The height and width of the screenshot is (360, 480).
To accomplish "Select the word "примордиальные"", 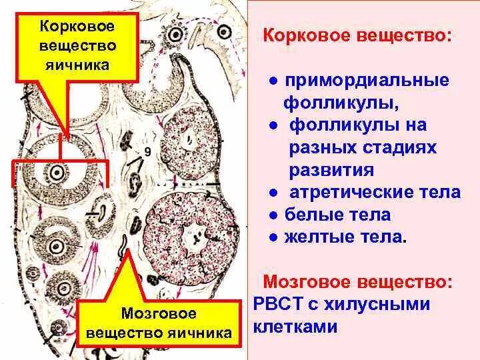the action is (367, 81).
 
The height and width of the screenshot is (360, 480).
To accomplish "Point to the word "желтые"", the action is (319, 237).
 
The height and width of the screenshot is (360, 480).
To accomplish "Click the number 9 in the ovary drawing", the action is (147, 152).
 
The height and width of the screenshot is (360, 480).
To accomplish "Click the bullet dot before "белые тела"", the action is (273, 215).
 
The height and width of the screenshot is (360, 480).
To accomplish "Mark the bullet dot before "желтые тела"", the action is (273, 237).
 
